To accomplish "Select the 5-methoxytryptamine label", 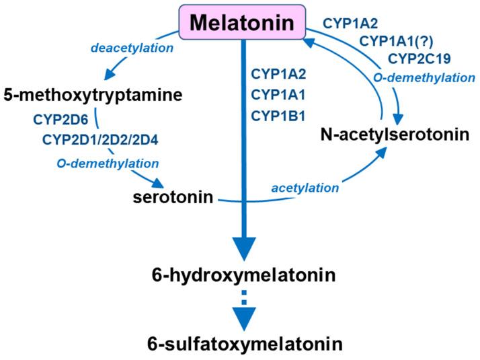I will pos(92,96).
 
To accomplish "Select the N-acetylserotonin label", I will pos(394,136).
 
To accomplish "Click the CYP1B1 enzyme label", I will pos(278,116).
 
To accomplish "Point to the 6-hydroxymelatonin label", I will pos(244,277).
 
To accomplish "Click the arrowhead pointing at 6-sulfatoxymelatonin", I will pos(245,317).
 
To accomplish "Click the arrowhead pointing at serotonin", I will pos(160,184).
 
